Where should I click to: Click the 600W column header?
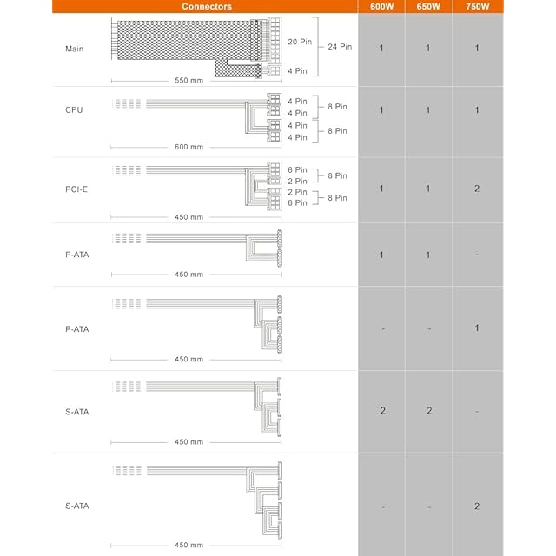click(x=381, y=6)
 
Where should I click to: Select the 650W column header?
click(x=427, y=6)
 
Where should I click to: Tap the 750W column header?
click(x=476, y=6)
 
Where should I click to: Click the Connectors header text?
click(x=206, y=6)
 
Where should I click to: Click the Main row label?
click(x=75, y=49)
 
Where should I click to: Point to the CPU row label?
click(x=75, y=110)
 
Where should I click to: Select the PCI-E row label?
click(x=76, y=189)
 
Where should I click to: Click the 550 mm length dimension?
click(x=189, y=81)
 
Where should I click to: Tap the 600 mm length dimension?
click(x=189, y=147)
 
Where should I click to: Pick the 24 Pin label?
click(x=340, y=45)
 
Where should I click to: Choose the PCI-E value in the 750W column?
click(x=476, y=189)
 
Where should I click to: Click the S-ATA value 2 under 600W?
click(x=382, y=410)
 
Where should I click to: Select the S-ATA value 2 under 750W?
click(x=476, y=506)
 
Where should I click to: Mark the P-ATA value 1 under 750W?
click(x=476, y=328)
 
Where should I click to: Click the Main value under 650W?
click(x=427, y=49)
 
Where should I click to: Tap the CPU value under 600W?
click(x=381, y=110)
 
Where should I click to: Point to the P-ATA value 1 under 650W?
click(x=427, y=255)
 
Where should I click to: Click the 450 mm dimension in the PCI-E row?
click(x=189, y=217)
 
